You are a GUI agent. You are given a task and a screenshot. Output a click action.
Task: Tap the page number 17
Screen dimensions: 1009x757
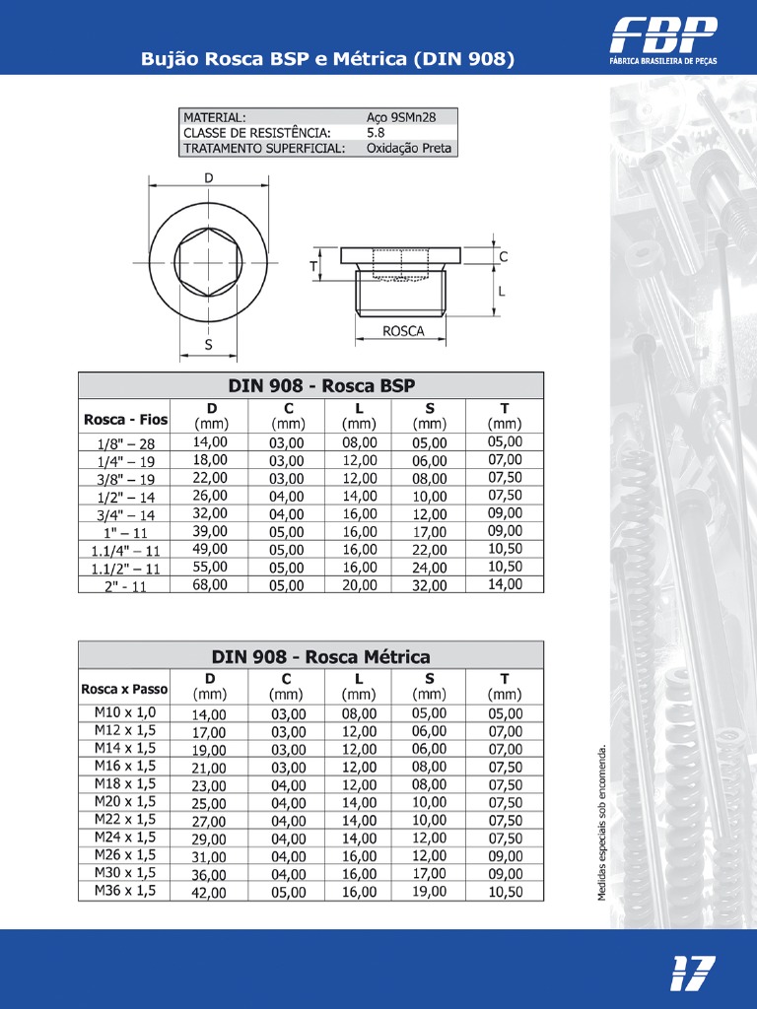pyautogui.click(x=692, y=973)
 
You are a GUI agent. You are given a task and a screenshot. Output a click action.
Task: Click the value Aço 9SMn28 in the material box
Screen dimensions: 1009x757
pyautogui.click(x=400, y=116)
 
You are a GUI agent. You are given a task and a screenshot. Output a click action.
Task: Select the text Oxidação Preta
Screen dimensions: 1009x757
pyautogui.click(x=408, y=148)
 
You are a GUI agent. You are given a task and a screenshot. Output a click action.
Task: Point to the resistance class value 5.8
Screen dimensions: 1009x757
pyautogui.click(x=376, y=132)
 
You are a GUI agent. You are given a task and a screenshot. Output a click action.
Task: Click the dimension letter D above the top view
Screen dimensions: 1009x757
pyautogui.click(x=208, y=178)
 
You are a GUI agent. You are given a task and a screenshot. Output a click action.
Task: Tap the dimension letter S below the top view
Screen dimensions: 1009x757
pyautogui.click(x=208, y=345)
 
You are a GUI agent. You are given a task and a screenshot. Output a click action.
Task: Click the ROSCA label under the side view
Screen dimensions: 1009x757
pyautogui.click(x=402, y=331)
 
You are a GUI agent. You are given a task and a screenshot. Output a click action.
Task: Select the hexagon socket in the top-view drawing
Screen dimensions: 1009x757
pyautogui.click(x=208, y=262)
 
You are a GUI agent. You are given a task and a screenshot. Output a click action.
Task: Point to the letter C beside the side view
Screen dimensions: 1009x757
pyautogui.click(x=504, y=256)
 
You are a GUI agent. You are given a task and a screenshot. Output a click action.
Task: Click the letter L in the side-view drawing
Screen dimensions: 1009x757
pyautogui.click(x=502, y=292)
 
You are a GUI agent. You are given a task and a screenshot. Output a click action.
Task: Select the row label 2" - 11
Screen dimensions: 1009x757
pyautogui.click(x=125, y=586)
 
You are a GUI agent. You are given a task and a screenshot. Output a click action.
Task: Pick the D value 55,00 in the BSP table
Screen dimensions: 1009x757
pyautogui.click(x=209, y=567)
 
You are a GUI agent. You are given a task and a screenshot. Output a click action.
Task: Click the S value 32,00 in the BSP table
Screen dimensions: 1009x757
pyautogui.click(x=429, y=585)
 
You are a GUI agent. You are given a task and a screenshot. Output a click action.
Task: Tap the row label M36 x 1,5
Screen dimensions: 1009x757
pyautogui.click(x=125, y=891)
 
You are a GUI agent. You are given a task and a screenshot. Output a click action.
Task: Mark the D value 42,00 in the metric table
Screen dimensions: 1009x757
pyautogui.click(x=209, y=893)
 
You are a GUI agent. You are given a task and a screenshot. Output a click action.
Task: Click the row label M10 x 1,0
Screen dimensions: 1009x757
pyautogui.click(x=125, y=712)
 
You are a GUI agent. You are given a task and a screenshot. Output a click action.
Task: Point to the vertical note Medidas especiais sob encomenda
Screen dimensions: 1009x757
pyautogui.click(x=602, y=822)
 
